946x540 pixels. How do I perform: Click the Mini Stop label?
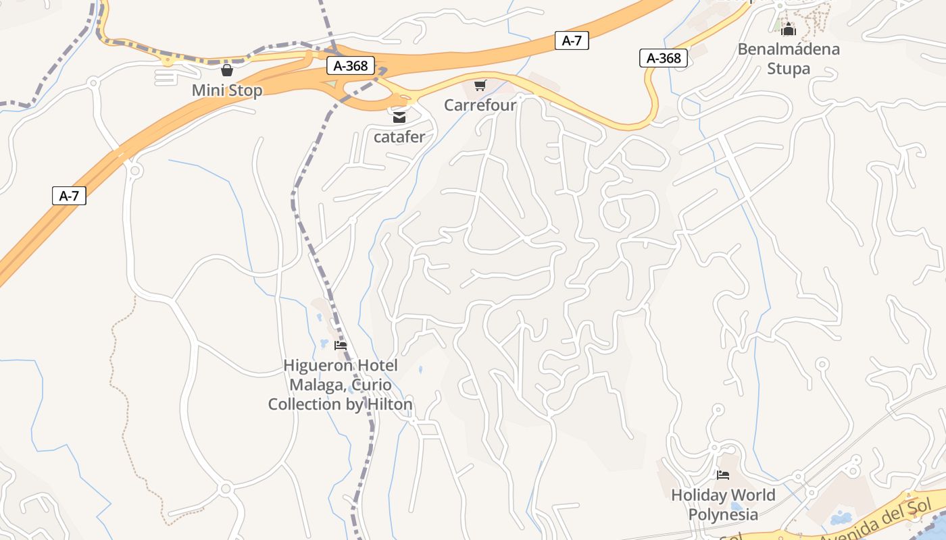click(227, 90)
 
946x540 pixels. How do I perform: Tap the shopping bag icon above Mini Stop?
click(227, 70)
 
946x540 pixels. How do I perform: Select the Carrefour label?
click(480, 105)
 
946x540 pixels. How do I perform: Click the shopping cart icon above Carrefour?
click(480, 85)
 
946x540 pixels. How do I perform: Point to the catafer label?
click(399, 137)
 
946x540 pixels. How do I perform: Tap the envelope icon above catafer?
click(399, 117)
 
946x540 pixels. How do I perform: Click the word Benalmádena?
click(789, 49)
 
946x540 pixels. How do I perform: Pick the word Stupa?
click(789, 69)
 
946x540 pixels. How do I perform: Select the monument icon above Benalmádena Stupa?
click(789, 29)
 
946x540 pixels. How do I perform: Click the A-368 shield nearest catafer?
click(351, 65)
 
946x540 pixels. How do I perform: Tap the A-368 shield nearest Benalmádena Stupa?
click(664, 58)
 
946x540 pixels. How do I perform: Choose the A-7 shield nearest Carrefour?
click(572, 40)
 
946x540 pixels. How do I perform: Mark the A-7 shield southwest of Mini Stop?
click(69, 196)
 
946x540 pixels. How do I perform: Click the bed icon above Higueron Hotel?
click(341, 346)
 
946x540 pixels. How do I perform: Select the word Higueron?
click(317, 366)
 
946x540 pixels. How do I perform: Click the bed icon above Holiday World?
click(723, 475)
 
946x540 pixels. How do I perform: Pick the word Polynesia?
click(723, 514)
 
